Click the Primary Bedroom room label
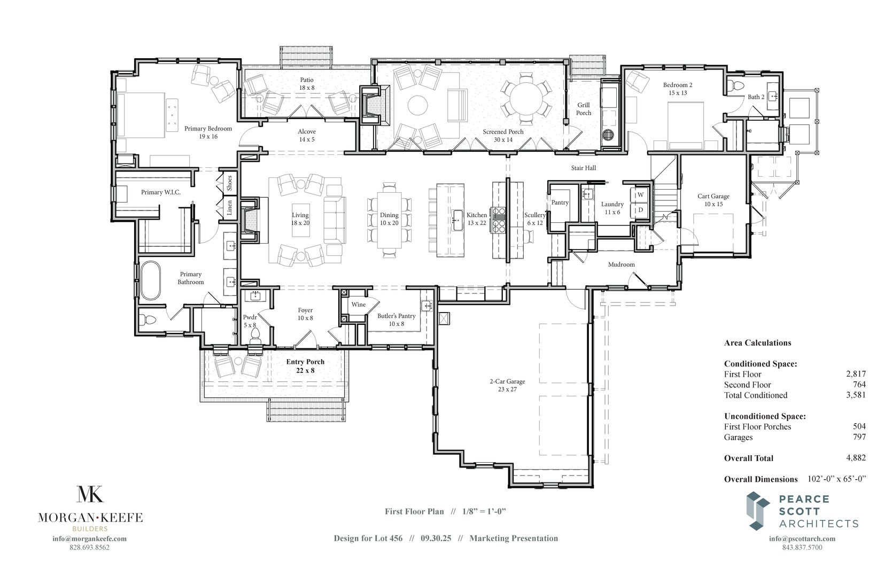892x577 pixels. point(208,132)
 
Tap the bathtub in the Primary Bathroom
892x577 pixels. point(150,280)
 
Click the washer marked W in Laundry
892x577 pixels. point(640,194)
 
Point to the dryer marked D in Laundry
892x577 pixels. point(640,210)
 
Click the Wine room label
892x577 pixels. point(359,305)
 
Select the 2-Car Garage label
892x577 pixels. point(507,385)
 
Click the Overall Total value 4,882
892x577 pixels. point(856,457)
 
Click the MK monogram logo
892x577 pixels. point(90,494)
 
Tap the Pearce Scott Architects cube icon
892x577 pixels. point(758,511)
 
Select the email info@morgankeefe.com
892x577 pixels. point(90,539)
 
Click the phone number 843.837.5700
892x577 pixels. point(802,547)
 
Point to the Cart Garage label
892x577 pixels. point(713,200)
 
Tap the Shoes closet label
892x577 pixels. point(229,184)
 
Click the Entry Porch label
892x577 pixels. point(305,366)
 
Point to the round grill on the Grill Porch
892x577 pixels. point(608,135)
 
